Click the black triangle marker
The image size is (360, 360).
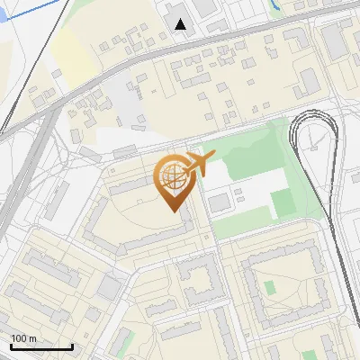pyautogui.click(x=181, y=24)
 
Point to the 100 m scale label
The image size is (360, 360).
pyautogui.click(x=23, y=338)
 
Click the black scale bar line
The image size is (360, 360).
pyautogui.click(x=40, y=347)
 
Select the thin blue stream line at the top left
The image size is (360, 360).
pyautogui.click(x=36, y=13)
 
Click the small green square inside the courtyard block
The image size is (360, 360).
pyautogui.click(x=269, y=288)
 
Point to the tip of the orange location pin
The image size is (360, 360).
pyautogui.click(x=171, y=210)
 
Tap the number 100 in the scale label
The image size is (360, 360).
pyautogui.click(x=19, y=338)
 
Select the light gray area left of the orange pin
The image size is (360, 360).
pyautogui.click(x=126, y=139)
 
